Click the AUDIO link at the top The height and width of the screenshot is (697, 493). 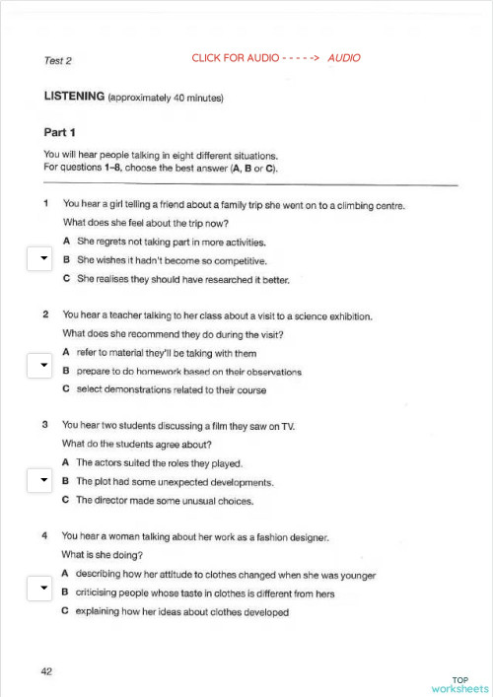pyautogui.click(x=344, y=58)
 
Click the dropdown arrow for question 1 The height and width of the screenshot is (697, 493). pyautogui.click(x=38, y=259)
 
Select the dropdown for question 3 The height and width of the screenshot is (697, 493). pyautogui.click(x=38, y=481)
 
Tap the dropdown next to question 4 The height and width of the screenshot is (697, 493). pyautogui.click(x=38, y=590)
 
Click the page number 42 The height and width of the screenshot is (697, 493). pyautogui.click(x=46, y=671)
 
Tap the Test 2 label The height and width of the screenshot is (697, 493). pyautogui.click(x=58, y=61)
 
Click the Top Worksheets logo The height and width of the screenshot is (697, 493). pyautogui.click(x=459, y=684)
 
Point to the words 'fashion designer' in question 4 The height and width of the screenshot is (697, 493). pyautogui.click(x=288, y=537)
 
